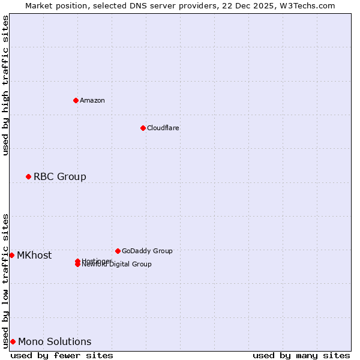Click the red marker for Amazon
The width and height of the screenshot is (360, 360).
[76, 100]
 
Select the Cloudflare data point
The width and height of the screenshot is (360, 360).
[143, 128]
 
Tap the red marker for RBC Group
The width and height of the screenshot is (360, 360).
[28, 176]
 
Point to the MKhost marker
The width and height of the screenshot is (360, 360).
[11, 255]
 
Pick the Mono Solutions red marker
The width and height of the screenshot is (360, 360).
[13, 341]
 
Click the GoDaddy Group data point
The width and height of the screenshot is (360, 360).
[118, 251]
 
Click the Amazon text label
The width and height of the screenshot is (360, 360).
[92, 100]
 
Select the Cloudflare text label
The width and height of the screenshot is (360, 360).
[163, 128]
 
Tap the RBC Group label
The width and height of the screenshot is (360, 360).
[60, 176]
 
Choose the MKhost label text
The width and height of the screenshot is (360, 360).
[34, 255]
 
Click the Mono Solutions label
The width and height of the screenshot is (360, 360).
[55, 341]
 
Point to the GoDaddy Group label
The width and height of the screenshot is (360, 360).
[147, 251]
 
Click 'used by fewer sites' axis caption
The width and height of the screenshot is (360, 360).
[62, 355]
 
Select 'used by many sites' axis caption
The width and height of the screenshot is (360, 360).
[301, 355]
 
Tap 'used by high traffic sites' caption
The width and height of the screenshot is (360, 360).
[6, 85]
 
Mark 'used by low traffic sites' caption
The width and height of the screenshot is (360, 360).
[6, 280]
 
